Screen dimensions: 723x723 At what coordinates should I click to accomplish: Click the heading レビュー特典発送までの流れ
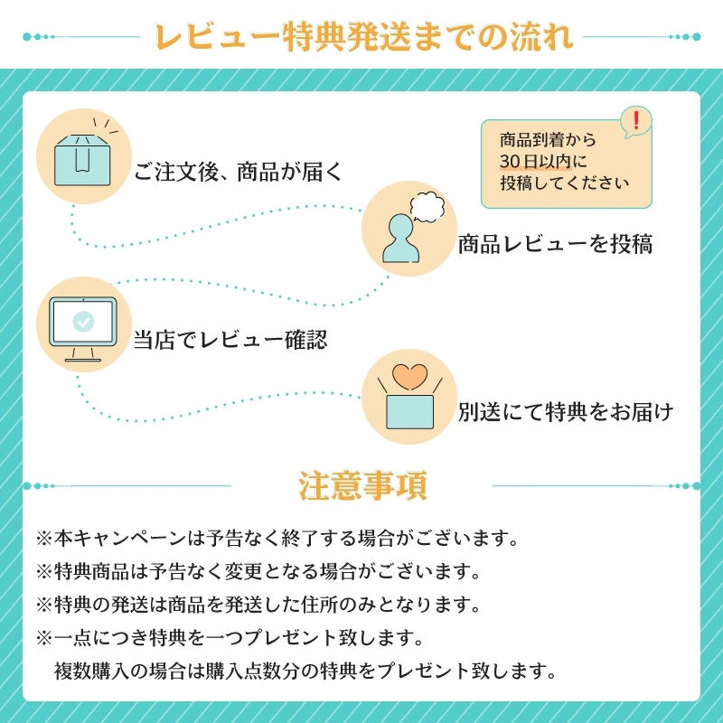pos(361,37)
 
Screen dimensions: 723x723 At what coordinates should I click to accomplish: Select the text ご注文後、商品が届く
pos(238,172)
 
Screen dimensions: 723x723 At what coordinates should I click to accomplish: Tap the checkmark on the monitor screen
pos(82,320)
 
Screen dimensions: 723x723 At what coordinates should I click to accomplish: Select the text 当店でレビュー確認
pos(230,340)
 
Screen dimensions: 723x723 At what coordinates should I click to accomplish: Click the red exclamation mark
pos(636,119)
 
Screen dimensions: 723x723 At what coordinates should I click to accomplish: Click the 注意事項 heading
pos(362,486)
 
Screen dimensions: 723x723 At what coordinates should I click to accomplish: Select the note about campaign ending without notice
pos(277,539)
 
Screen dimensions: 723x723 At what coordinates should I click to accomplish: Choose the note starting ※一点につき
pos(230,638)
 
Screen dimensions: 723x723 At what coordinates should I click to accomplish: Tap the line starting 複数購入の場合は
pos(303,671)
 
